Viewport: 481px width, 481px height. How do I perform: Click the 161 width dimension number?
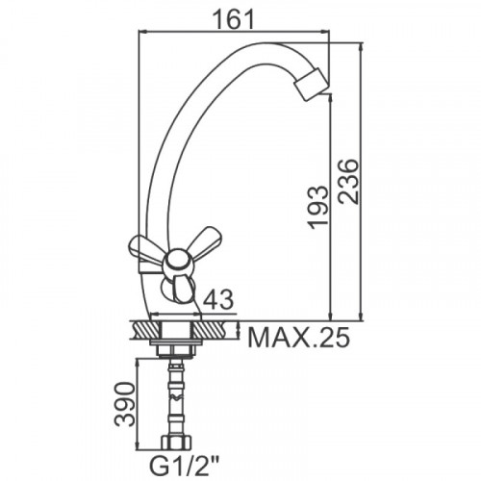coord(234,19)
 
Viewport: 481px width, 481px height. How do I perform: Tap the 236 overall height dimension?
coord(347,181)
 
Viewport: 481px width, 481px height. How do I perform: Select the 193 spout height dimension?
coord(318,207)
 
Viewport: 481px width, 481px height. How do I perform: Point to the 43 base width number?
coord(218,299)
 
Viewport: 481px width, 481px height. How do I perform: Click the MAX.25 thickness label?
coord(298,337)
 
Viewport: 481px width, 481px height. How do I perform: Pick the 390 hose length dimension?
coord(125,404)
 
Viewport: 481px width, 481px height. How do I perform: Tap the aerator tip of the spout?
coord(311,85)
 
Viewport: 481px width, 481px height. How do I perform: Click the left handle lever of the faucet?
coord(146,251)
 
